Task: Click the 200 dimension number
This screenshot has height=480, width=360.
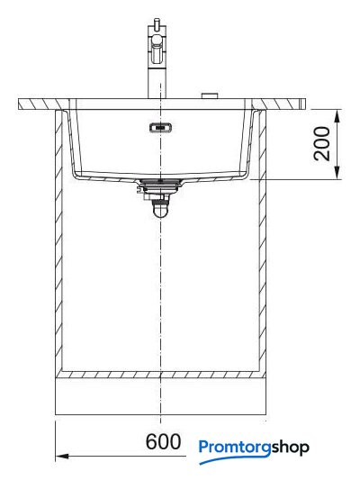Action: (x=322, y=143)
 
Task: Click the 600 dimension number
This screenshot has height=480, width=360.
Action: (x=163, y=442)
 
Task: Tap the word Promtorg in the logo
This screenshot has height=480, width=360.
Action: (x=235, y=448)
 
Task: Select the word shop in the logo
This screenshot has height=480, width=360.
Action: (x=291, y=448)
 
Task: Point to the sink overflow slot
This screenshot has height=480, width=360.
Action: (x=160, y=127)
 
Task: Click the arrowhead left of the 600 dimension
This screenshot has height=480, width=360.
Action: (x=62, y=456)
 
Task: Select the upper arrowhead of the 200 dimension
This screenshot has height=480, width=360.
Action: (x=337, y=117)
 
